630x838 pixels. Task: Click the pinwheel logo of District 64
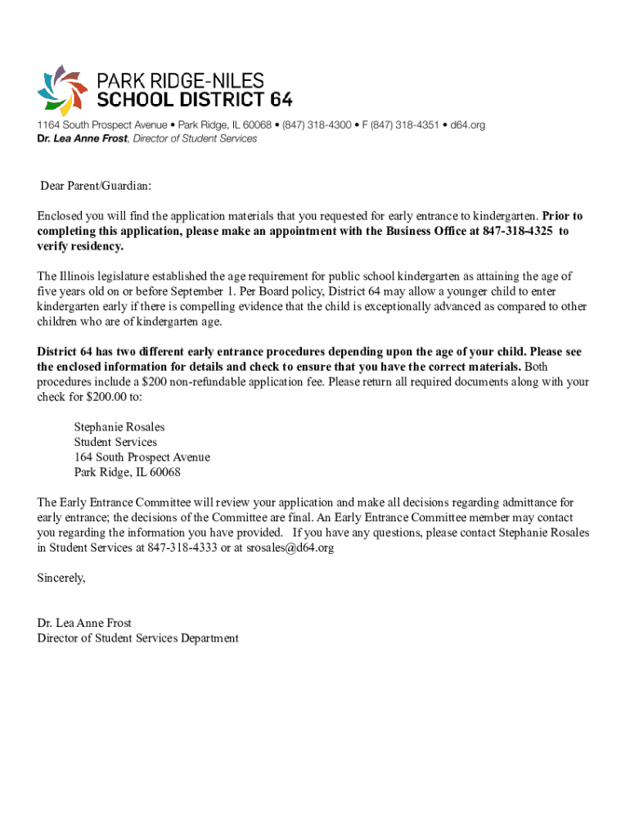pos(62,88)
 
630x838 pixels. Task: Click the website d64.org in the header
pos(468,125)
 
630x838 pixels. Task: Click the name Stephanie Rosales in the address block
pos(119,427)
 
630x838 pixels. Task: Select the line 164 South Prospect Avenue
pos(142,457)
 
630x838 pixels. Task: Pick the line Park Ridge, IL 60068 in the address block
pos(127,472)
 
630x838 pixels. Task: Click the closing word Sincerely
pos(61,578)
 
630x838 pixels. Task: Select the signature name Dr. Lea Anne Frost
pos(84,623)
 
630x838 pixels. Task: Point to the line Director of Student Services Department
pos(137,638)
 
